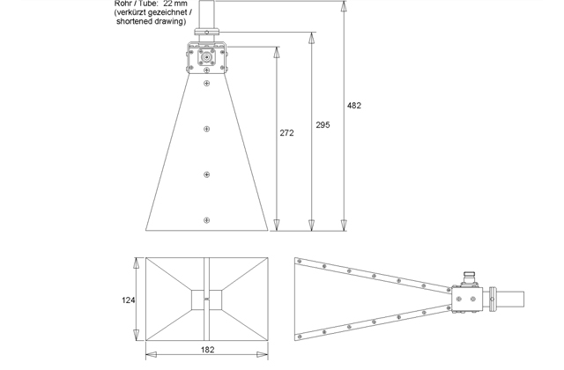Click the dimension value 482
click(x=353, y=105)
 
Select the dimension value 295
click(x=323, y=126)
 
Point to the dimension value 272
click(x=286, y=133)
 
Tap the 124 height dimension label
click(x=128, y=300)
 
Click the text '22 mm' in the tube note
click(x=174, y=4)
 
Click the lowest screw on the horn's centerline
click(x=206, y=219)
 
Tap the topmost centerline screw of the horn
click(x=206, y=84)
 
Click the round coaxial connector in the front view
click(x=206, y=58)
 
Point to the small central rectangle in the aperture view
click(x=206, y=300)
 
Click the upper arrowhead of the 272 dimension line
click(x=276, y=49)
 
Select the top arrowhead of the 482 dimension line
click(x=344, y=6)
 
